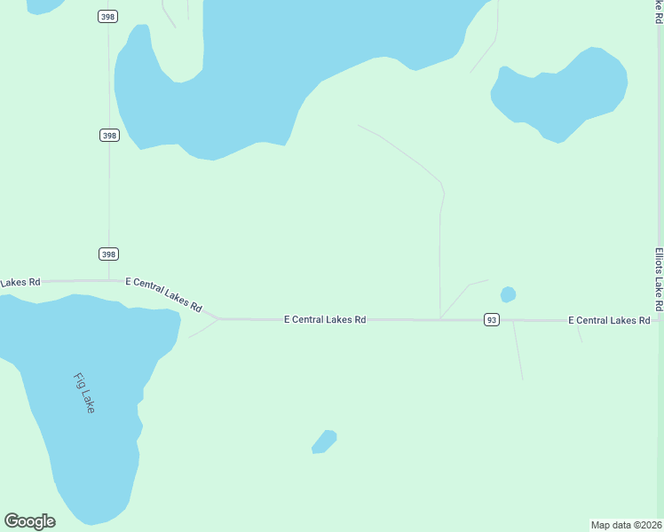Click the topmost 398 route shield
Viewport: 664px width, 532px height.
[x=107, y=17]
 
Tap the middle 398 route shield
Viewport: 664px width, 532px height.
[x=108, y=135]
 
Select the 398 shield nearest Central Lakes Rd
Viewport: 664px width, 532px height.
[x=108, y=254]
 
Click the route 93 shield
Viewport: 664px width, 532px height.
[x=491, y=319]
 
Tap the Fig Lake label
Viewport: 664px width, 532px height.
[x=84, y=393]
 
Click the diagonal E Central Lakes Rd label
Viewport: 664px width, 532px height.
[x=164, y=293]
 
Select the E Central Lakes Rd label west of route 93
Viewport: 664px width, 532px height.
[x=325, y=319]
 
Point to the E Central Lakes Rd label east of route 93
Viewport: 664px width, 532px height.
[x=609, y=320]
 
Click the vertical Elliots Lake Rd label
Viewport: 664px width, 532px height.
[x=659, y=278]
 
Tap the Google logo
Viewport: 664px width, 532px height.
[x=30, y=521]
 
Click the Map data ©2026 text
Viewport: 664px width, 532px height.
[x=626, y=525]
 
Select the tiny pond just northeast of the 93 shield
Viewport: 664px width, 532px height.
[x=508, y=294]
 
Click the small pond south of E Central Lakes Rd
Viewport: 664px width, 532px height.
[x=324, y=441]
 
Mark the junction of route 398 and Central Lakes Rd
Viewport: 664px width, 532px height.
[x=109, y=281]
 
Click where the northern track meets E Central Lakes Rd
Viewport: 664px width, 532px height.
[x=439, y=319]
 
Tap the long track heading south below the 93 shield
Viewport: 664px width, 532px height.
[x=518, y=351]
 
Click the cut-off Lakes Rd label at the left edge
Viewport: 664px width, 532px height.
[x=20, y=283]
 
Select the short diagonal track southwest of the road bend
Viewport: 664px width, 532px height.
[x=203, y=328]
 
